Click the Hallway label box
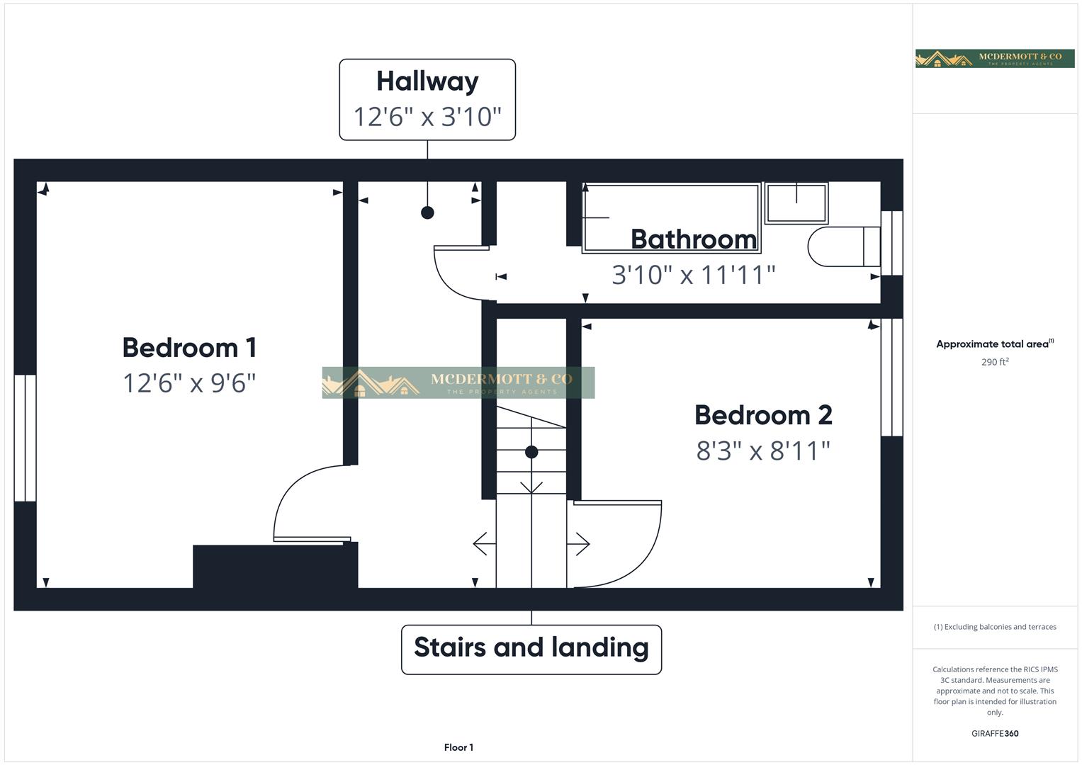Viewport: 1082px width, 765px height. [x=427, y=99]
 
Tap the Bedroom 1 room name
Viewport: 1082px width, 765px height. [x=189, y=348]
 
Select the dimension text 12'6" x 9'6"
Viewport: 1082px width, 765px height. [x=189, y=383]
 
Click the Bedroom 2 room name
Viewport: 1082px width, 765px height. [x=763, y=415]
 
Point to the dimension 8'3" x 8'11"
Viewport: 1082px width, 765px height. [x=763, y=450]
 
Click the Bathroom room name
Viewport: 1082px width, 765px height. [x=694, y=239]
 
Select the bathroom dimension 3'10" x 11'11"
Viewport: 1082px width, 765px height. [x=694, y=275]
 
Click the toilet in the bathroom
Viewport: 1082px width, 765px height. [x=843, y=246]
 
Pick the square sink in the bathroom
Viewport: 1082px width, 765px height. [x=796, y=203]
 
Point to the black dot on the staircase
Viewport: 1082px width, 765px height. [x=531, y=452]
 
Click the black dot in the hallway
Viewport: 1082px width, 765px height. [x=427, y=212]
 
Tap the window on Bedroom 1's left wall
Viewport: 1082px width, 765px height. [x=25, y=438]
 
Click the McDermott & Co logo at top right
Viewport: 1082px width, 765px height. [x=995, y=59]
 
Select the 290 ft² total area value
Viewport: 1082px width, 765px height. [x=995, y=362]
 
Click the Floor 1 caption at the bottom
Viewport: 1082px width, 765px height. [x=458, y=747]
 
